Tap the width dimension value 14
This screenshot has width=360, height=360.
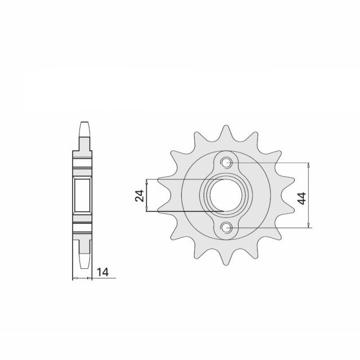click(x=102, y=272)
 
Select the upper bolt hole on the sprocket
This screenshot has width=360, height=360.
click(x=226, y=163)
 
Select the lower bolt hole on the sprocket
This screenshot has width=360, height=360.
click(x=226, y=227)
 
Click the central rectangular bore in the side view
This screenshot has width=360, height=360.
click(x=83, y=195)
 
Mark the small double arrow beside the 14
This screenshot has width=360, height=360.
click(x=83, y=278)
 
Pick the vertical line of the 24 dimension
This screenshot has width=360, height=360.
click(x=147, y=195)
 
